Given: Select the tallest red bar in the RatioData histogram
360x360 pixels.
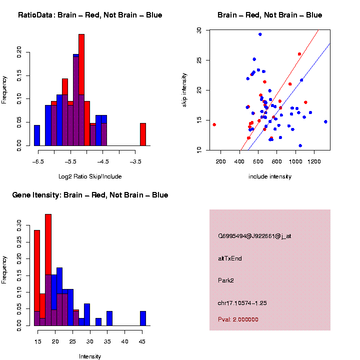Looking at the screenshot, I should coord(81,90).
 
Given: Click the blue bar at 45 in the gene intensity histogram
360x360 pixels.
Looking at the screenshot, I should coord(143,318).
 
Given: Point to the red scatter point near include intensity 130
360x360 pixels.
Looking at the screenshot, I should coord(214,124).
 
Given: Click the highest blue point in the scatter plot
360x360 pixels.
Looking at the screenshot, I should coord(260,34).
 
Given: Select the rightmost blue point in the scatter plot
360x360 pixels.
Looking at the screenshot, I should coord(325,121).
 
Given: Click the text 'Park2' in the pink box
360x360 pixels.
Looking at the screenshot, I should coord(226,280).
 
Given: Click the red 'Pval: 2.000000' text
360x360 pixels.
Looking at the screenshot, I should coord(238,319).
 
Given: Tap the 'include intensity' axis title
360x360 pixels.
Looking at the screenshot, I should coord(270,176).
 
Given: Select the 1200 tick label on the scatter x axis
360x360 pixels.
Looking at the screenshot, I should coord(314,161).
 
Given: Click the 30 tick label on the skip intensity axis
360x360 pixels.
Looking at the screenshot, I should coord(199,30).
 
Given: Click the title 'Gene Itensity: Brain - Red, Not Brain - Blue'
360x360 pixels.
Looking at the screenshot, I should coord(90,195).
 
